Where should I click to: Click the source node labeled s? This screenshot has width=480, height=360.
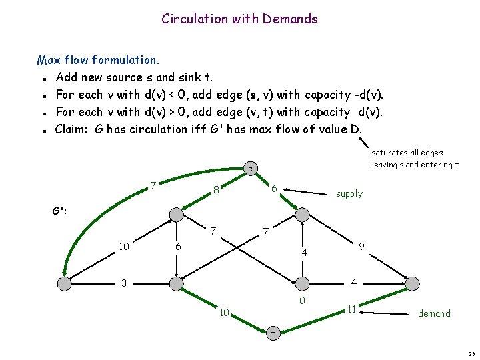(249, 169)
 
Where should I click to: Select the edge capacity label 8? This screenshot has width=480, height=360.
(217, 190)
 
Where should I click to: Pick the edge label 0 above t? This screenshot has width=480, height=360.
(302, 301)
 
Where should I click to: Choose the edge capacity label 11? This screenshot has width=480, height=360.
(351, 309)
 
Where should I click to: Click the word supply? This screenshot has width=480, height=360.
(349, 194)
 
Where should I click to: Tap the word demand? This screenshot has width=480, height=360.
(434, 313)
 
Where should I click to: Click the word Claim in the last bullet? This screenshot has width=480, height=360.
(73, 129)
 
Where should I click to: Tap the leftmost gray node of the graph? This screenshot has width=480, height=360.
(64, 284)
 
